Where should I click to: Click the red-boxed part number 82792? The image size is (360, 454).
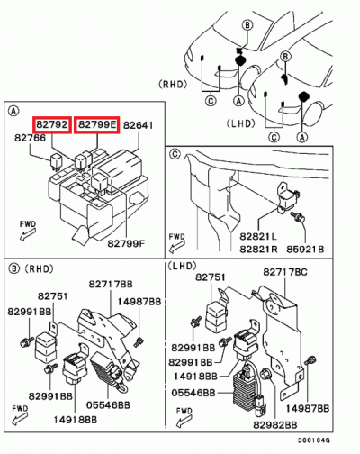click(51, 123)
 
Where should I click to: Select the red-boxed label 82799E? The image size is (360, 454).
click(96, 123)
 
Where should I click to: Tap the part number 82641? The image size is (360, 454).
click(139, 124)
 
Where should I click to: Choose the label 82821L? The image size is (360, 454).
click(259, 236)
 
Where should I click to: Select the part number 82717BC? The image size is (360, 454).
click(286, 271)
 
